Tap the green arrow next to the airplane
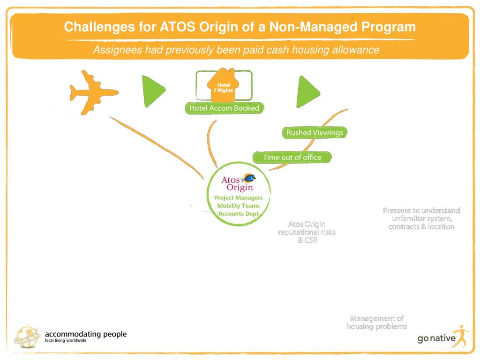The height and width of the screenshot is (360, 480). click(x=153, y=90)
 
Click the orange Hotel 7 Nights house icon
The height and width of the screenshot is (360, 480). click(x=224, y=87)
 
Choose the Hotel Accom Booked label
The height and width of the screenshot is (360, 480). click(x=224, y=108)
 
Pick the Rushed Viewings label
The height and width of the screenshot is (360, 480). click(x=315, y=133)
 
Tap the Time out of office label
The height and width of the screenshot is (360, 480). click(x=292, y=157)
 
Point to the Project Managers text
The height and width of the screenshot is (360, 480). click(x=238, y=198)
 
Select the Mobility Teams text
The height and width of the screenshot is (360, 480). click(x=238, y=206)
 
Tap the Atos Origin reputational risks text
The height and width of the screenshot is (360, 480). click(x=307, y=232)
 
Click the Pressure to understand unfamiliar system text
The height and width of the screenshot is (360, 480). click(x=421, y=218)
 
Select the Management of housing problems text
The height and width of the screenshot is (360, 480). click(x=376, y=322)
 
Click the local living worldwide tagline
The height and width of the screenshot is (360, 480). click(x=66, y=341)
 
